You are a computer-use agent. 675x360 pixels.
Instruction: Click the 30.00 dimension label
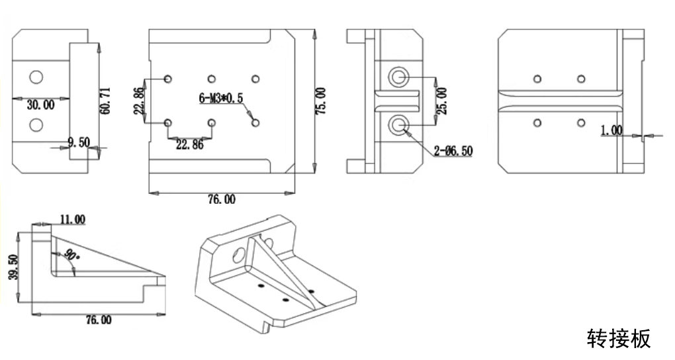point(40,104)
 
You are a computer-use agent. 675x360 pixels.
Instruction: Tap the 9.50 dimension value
point(78,141)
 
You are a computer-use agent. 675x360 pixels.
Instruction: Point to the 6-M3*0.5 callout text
point(221,99)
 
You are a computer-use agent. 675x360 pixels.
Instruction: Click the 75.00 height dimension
point(320,102)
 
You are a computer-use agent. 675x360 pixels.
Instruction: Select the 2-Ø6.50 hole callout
point(453,151)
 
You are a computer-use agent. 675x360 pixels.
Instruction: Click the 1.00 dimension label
point(611,130)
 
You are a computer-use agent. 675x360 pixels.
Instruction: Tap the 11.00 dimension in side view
point(71,219)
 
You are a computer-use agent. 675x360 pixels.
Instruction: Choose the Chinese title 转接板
point(619,338)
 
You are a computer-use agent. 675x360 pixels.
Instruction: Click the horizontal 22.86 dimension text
point(189,146)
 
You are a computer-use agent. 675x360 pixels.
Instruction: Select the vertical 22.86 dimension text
point(139,101)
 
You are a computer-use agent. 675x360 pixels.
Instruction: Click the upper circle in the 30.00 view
point(36,77)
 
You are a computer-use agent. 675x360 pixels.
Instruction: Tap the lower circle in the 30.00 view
point(36,124)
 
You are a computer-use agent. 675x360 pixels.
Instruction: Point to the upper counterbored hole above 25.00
point(398,77)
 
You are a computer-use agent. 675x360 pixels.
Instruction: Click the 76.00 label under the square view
point(221,199)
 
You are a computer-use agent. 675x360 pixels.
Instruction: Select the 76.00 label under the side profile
point(98,320)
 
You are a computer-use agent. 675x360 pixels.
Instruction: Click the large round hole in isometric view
point(238,253)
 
